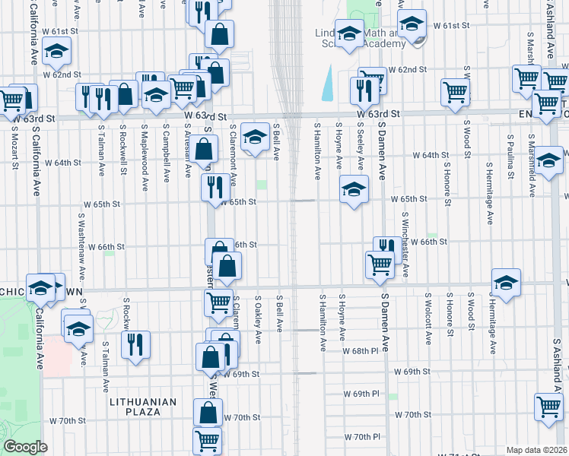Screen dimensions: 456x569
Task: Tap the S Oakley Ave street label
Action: [x=258, y=318]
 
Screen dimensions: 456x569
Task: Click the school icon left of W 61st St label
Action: [x=411, y=25]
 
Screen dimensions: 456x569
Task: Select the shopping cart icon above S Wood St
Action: [x=455, y=91]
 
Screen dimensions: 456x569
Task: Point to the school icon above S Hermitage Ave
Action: [x=506, y=282]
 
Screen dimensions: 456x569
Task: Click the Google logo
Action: [x=25, y=447]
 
